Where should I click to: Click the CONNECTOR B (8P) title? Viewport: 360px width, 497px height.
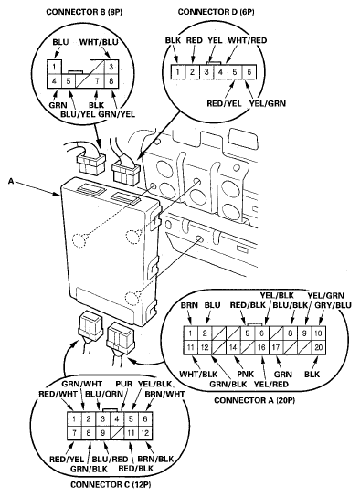84,12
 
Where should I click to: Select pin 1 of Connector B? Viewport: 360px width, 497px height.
55,67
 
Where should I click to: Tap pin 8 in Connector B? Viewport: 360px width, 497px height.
111,81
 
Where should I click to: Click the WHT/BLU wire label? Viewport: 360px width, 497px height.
99,42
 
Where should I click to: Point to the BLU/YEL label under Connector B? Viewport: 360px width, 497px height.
78,114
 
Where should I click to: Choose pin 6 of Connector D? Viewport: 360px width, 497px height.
249,72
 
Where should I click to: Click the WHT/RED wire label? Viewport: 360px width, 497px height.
248,40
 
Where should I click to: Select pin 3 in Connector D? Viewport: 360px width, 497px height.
206,72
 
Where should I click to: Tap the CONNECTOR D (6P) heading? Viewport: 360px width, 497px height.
217,12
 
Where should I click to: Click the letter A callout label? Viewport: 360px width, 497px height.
11,181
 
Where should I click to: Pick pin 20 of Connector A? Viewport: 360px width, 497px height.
319,347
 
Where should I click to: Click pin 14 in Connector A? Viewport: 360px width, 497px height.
233,347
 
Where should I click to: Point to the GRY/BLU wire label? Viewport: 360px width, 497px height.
334,305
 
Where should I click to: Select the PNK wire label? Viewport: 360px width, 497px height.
245,374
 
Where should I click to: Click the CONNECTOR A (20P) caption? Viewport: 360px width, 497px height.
255,400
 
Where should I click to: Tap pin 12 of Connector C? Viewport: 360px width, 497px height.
145,433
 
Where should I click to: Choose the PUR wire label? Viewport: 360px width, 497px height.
123,384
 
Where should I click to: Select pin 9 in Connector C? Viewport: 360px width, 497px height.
102,433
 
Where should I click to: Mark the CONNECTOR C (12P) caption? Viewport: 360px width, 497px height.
111,485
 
